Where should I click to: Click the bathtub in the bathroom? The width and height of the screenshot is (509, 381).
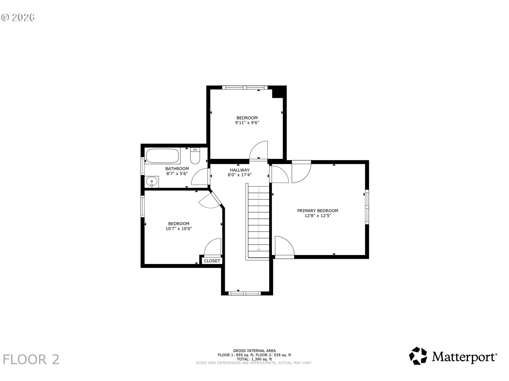163,156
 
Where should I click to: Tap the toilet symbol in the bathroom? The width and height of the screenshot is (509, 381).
195,156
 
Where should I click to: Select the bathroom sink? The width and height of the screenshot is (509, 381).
152,182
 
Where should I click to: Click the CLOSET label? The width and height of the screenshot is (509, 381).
212,261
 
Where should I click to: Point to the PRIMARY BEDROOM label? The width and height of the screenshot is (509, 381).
318,211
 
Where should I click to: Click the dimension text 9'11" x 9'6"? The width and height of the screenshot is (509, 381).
247,123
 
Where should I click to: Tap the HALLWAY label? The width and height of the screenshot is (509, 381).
240,170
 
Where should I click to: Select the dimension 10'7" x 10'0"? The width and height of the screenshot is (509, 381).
179,229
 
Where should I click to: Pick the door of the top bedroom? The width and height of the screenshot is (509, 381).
258,151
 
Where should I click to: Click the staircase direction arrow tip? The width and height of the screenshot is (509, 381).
259,250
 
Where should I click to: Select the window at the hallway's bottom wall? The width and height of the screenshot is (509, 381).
245,293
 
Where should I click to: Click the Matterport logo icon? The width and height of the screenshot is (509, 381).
418,356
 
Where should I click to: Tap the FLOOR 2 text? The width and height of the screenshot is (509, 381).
31,360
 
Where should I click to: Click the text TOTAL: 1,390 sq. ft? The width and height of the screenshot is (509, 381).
254,359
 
